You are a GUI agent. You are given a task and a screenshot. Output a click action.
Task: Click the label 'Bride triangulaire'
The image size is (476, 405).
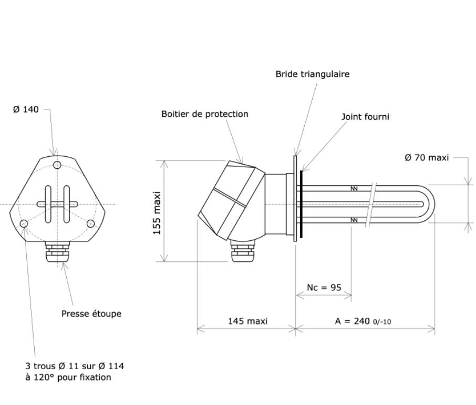(x=312, y=74)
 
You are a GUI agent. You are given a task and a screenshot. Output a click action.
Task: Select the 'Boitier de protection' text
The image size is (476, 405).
(x=204, y=114)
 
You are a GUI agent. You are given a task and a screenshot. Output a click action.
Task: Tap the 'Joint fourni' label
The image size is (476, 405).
(x=365, y=117)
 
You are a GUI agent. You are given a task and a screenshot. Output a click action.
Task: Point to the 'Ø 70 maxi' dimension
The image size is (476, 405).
(x=427, y=157)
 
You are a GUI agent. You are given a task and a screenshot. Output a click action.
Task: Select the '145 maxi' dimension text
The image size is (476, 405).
(x=247, y=321)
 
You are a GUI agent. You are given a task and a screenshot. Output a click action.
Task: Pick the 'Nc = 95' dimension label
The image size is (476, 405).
(x=324, y=288)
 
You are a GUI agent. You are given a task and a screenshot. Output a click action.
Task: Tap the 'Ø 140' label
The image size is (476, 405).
(x=26, y=109)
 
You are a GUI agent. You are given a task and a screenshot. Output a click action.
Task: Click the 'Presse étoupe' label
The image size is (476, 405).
(x=91, y=313)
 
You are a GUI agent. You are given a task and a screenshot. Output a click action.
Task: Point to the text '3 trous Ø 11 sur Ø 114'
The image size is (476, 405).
(x=75, y=366)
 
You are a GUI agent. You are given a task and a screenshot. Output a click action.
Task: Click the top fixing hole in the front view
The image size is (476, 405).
(x=57, y=165)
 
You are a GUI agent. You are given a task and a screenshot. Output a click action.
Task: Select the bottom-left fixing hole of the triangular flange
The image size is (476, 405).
(x=24, y=224)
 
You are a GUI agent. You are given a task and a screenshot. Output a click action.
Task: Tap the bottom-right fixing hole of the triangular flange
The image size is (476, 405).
(x=91, y=224)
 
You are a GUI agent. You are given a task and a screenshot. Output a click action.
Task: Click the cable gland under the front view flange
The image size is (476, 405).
(x=57, y=254)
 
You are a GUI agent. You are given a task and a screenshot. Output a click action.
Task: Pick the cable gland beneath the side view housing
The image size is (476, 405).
(x=242, y=252)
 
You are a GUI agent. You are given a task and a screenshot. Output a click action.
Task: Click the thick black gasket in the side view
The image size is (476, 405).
(x=301, y=204)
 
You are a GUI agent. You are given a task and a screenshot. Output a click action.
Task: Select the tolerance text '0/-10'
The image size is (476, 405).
(x=382, y=322)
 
